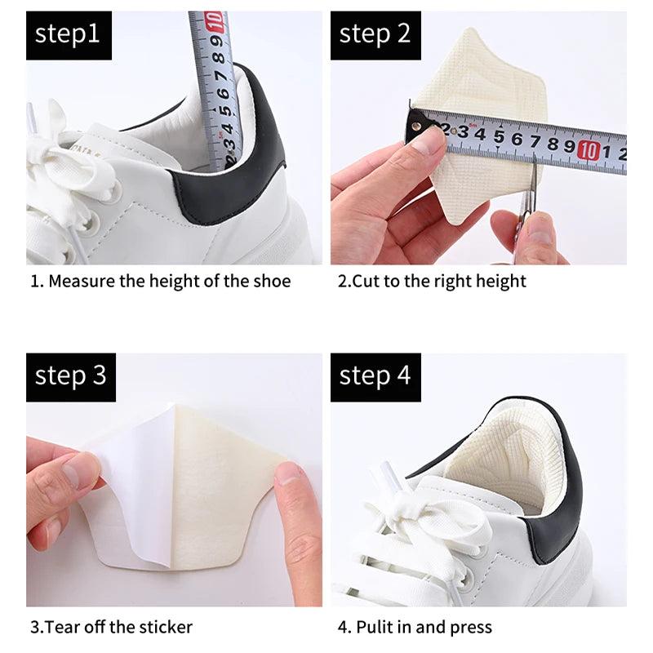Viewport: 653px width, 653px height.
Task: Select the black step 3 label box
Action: (70, 377)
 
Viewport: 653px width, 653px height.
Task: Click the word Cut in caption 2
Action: (364, 282)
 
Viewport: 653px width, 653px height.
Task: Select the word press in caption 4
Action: (469, 628)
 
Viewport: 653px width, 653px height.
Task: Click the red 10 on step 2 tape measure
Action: (589, 150)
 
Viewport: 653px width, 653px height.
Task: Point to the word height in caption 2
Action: (500, 282)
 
